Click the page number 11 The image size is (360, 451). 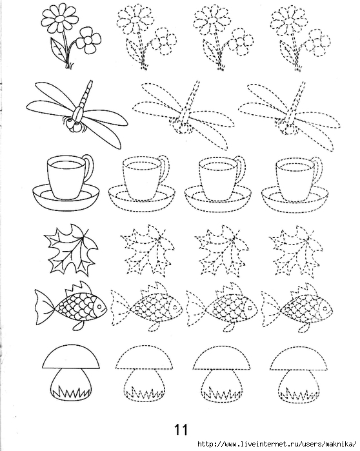181,430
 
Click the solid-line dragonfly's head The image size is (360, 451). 74,125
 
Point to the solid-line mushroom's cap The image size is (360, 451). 72,357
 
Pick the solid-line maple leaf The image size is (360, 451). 71,249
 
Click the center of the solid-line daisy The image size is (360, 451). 60,19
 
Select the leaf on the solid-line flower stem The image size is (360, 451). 59,50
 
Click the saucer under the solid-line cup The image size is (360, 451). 66,198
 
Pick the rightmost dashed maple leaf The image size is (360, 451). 295,250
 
